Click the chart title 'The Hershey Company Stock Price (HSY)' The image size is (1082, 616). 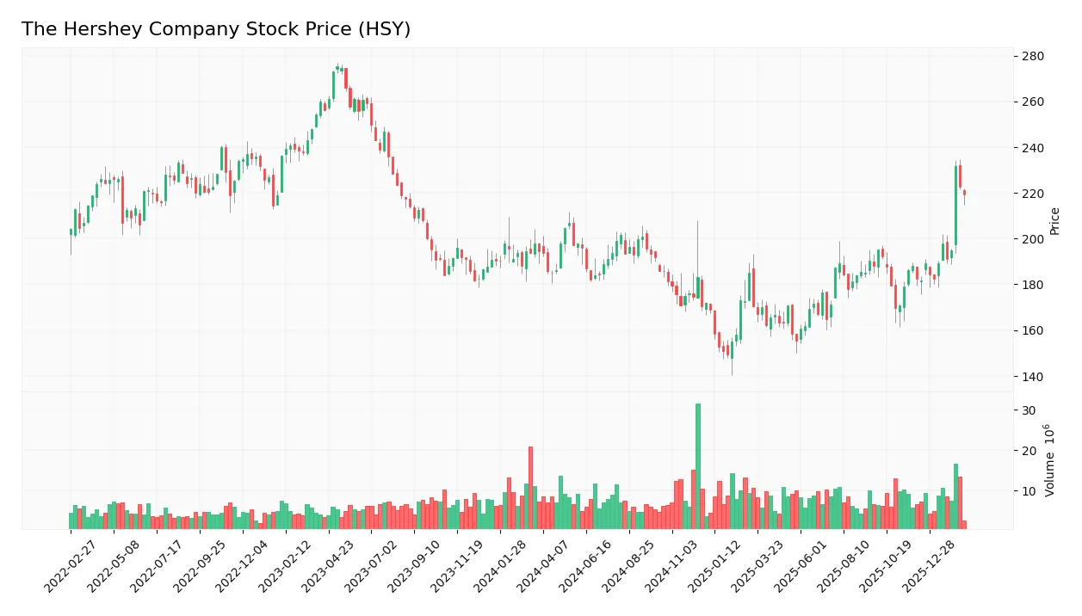(216, 29)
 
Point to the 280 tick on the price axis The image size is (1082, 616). (1032, 57)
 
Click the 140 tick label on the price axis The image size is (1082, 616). (1032, 377)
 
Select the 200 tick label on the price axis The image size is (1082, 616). (1032, 239)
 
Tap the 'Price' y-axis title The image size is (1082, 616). (1054, 221)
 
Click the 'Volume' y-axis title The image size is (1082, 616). (1050, 460)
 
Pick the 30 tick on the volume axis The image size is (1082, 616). (1029, 410)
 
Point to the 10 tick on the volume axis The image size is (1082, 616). (1029, 491)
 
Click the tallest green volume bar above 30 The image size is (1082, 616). (698, 466)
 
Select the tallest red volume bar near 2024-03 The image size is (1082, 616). (530, 488)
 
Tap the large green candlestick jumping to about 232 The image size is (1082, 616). (955, 206)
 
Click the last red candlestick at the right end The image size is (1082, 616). (964, 193)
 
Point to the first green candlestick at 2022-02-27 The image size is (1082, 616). (71, 231)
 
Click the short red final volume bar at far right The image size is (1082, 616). (964, 525)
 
